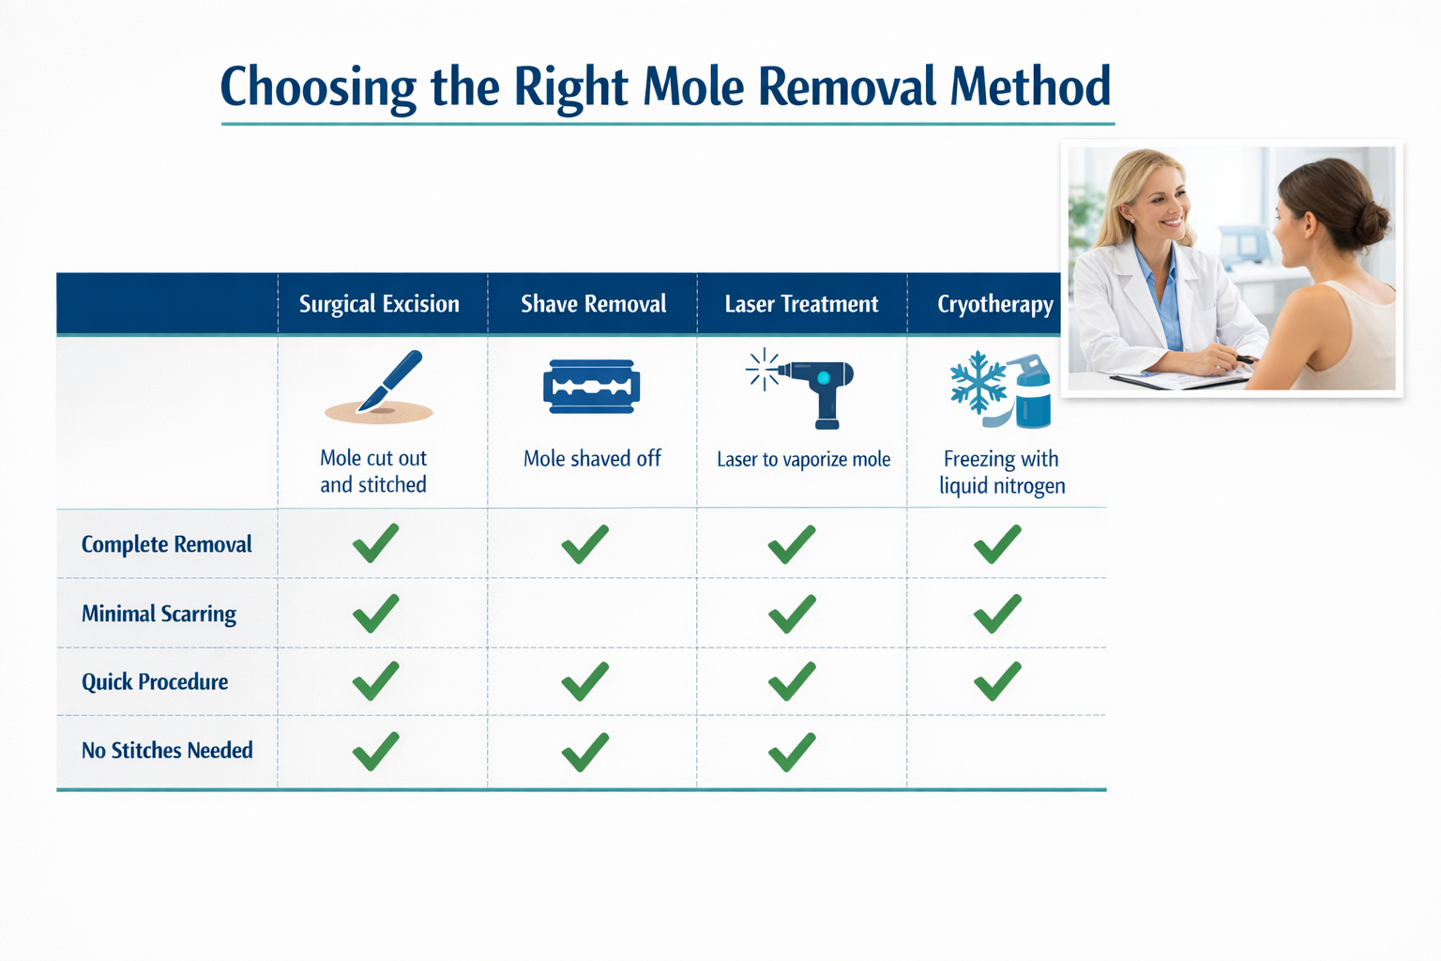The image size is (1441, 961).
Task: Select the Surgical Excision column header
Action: [x=379, y=304]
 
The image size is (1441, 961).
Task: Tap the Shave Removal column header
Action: [x=593, y=304]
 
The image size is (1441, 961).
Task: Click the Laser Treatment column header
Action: [x=801, y=304]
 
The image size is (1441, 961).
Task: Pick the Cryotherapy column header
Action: [x=994, y=304]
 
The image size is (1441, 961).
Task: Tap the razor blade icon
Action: [x=591, y=387]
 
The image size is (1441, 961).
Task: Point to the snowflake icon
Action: [x=978, y=382]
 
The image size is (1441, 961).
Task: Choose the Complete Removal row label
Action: [x=166, y=544]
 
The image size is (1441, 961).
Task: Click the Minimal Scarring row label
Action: [x=159, y=614]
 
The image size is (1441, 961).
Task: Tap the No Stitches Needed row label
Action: [x=167, y=751]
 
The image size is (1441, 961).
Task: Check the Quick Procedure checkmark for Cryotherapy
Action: [x=996, y=681]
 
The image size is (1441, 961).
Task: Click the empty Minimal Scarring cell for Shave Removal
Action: [x=592, y=614]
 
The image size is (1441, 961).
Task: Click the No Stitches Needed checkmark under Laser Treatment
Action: [x=791, y=752]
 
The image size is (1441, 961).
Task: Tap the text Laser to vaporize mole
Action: [x=803, y=460]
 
